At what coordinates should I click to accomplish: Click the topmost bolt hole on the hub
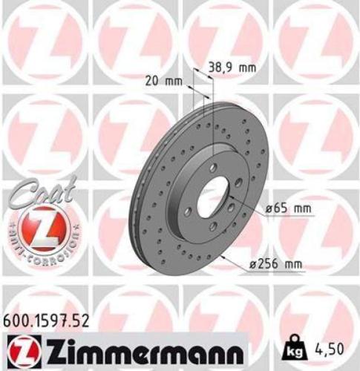[212, 167]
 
